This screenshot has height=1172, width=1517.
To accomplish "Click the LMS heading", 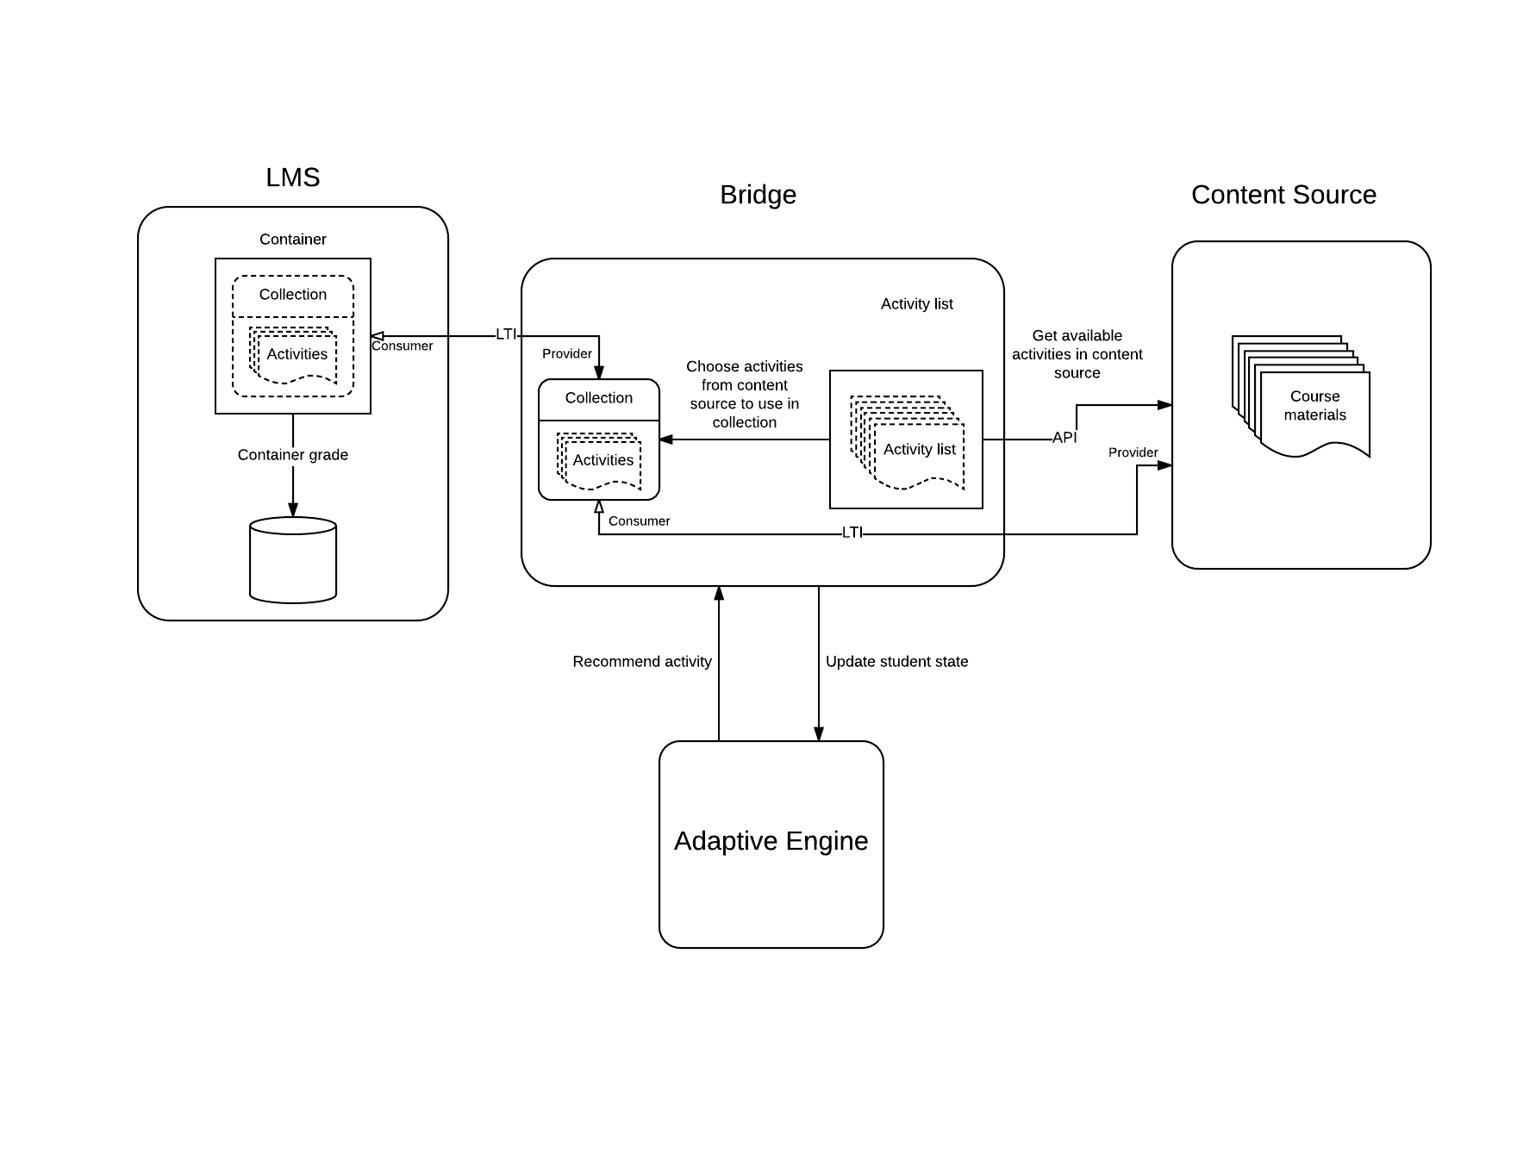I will (293, 178).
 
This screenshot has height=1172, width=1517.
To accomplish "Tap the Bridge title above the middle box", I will (758, 195).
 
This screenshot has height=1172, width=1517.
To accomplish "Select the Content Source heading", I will (1283, 195).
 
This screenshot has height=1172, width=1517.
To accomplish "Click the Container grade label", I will (293, 455).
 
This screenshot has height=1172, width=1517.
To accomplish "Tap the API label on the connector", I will (1064, 438).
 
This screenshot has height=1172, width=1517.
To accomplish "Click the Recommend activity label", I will (642, 662).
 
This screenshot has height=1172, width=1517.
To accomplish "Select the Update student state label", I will (896, 662).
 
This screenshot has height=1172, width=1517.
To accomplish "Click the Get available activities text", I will (1077, 354).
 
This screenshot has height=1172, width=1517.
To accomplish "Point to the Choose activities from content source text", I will (745, 395).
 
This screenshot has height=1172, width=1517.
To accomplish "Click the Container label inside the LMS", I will (293, 240).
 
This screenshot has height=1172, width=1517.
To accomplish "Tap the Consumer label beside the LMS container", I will (403, 346).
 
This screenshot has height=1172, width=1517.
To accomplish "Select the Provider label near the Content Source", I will (1133, 452).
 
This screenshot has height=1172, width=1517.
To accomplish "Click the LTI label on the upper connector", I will (506, 334).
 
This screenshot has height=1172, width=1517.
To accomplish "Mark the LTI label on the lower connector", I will (852, 533).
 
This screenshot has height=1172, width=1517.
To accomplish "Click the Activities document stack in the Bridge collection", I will (602, 460).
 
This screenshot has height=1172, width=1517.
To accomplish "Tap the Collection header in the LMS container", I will (293, 295).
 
